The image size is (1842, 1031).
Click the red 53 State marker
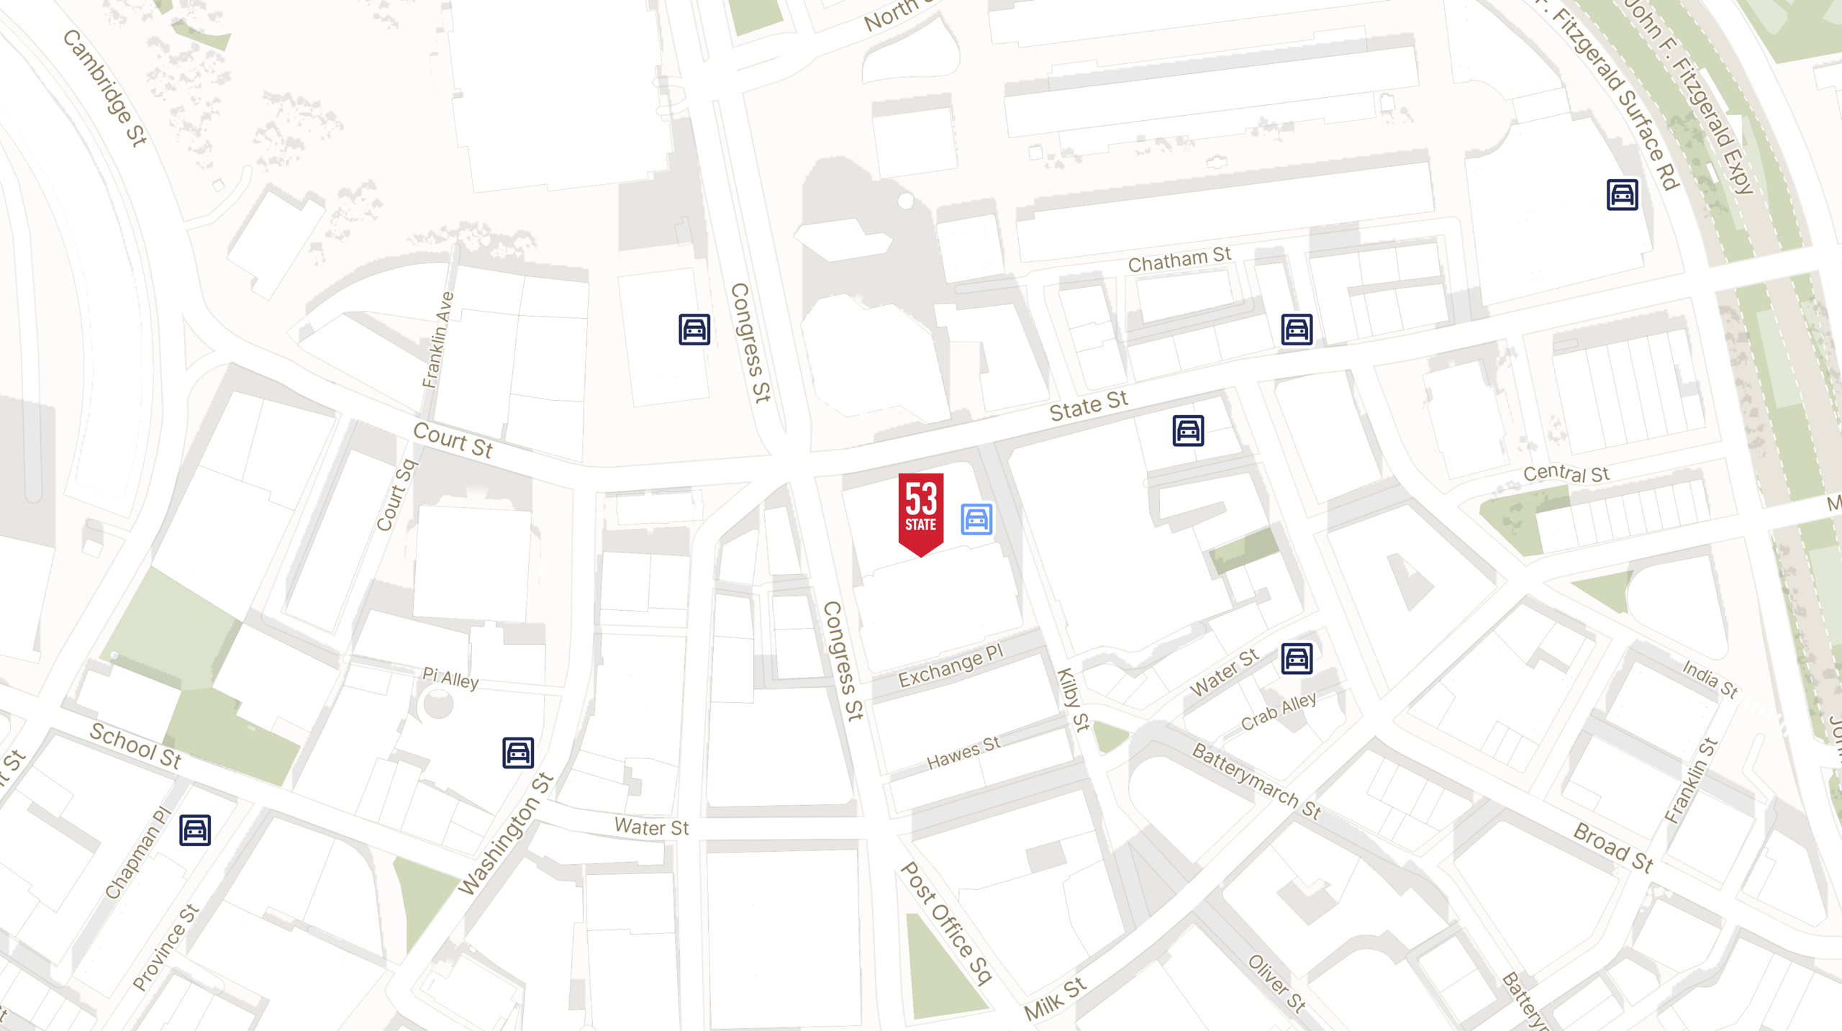pos(920,512)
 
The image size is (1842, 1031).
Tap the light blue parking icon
pos(976,519)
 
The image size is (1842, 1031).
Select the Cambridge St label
pos(105,88)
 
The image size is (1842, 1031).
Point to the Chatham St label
pos(1179,260)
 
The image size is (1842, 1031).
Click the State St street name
pos(1088,407)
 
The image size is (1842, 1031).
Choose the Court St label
pos(453,440)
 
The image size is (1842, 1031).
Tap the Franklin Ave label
pos(437,340)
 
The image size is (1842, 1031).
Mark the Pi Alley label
pos(450,678)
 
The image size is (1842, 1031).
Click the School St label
pos(135,745)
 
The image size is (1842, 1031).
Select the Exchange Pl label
pos(950,666)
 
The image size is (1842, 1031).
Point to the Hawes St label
pos(963,753)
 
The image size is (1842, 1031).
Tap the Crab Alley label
pos(1279,711)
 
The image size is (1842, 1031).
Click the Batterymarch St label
pos(1256,781)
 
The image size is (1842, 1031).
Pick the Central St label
pos(1566,473)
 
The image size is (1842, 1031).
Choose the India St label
pos(1710,678)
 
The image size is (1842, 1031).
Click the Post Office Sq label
pos(946,923)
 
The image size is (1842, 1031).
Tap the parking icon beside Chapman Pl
pos(195,830)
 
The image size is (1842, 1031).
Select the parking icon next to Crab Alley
pos(1297,658)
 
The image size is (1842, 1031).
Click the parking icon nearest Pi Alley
pos(518,753)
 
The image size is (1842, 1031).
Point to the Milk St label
pos(1055,999)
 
